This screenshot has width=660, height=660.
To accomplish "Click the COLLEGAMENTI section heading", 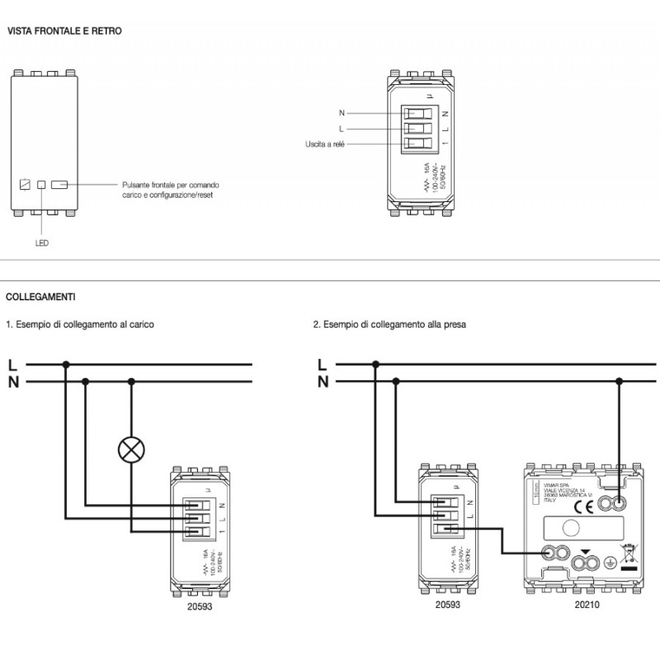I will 41,295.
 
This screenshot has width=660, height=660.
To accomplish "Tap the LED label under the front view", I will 42,243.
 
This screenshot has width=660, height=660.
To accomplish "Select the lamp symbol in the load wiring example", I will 130,449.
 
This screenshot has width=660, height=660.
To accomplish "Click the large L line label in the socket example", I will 323,364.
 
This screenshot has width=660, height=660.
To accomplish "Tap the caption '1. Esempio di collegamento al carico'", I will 80,325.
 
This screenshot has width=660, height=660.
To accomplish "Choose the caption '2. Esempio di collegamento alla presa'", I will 390,325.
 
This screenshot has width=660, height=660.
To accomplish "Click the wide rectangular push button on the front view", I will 59,185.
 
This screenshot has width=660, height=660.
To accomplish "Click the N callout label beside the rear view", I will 342,111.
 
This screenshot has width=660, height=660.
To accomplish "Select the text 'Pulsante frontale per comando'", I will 170,185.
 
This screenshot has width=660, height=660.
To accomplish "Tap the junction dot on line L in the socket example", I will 376,364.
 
